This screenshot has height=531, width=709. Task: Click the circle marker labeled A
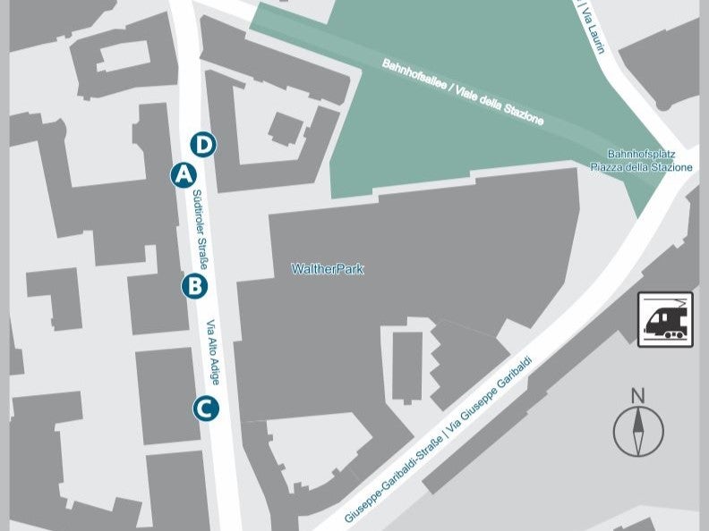pos(184,175)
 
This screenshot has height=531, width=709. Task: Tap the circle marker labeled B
pos(194,286)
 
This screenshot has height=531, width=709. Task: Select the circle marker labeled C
pos(205,409)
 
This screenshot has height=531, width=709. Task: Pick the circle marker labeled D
pos(204,144)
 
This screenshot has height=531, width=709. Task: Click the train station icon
pos(665,319)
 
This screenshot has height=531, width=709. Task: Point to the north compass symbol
pos(638,431)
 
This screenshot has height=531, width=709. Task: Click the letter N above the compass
pos(638,395)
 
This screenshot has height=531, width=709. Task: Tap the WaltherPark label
pos(328,269)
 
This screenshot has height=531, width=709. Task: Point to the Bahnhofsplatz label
pos(641,155)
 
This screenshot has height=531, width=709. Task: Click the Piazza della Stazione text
pos(641,167)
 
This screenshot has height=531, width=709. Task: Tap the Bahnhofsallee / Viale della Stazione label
pos(463,92)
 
